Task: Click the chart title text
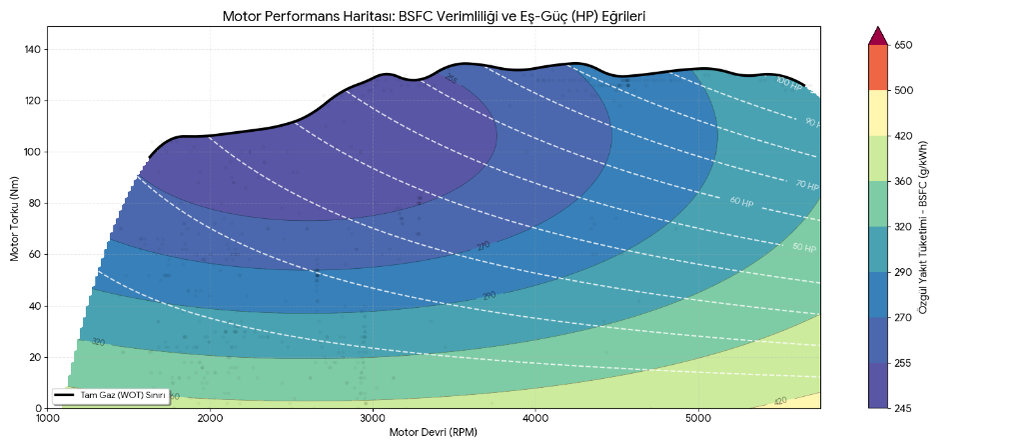coord(435,16)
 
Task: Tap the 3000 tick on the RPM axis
coord(373,417)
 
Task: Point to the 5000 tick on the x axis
coord(698,417)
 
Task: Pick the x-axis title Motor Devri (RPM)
coord(434,433)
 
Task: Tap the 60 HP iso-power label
coord(741,202)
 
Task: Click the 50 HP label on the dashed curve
coord(803,246)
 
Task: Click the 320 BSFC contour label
coord(98,342)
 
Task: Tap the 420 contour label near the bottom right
coord(781,401)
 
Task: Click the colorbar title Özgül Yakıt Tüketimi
coord(924,226)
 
